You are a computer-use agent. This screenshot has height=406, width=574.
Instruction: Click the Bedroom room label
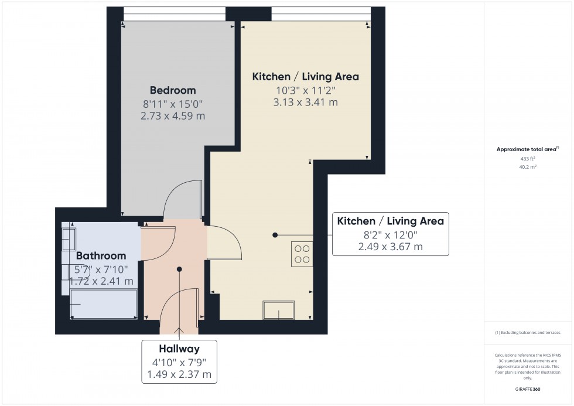click(173, 90)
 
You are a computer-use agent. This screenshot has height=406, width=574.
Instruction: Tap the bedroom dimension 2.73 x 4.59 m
click(173, 116)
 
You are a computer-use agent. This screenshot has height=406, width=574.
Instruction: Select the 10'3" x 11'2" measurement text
click(305, 90)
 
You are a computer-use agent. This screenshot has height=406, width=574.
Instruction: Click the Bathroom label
click(101, 255)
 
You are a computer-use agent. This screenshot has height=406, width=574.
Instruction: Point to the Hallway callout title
click(179, 348)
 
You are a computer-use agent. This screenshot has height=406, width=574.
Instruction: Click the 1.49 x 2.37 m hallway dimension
click(179, 374)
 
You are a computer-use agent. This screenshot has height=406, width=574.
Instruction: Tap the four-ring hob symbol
click(302, 254)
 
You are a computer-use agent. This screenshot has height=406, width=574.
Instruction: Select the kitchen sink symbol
click(279, 310)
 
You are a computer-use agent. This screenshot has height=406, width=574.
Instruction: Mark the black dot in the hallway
click(179, 269)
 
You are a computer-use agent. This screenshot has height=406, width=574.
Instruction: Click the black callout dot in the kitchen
click(275, 235)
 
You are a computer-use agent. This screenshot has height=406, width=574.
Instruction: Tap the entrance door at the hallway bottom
click(179, 305)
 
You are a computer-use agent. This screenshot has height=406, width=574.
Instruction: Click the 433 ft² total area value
click(528, 159)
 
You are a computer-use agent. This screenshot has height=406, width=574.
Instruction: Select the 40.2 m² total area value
click(528, 167)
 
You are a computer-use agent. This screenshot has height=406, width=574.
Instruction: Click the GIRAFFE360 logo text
click(528, 388)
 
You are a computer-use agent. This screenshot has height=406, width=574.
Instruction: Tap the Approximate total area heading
click(528, 149)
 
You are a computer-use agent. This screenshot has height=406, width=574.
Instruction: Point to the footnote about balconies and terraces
click(528, 332)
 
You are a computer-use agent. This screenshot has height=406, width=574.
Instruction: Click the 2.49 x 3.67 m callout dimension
click(390, 247)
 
